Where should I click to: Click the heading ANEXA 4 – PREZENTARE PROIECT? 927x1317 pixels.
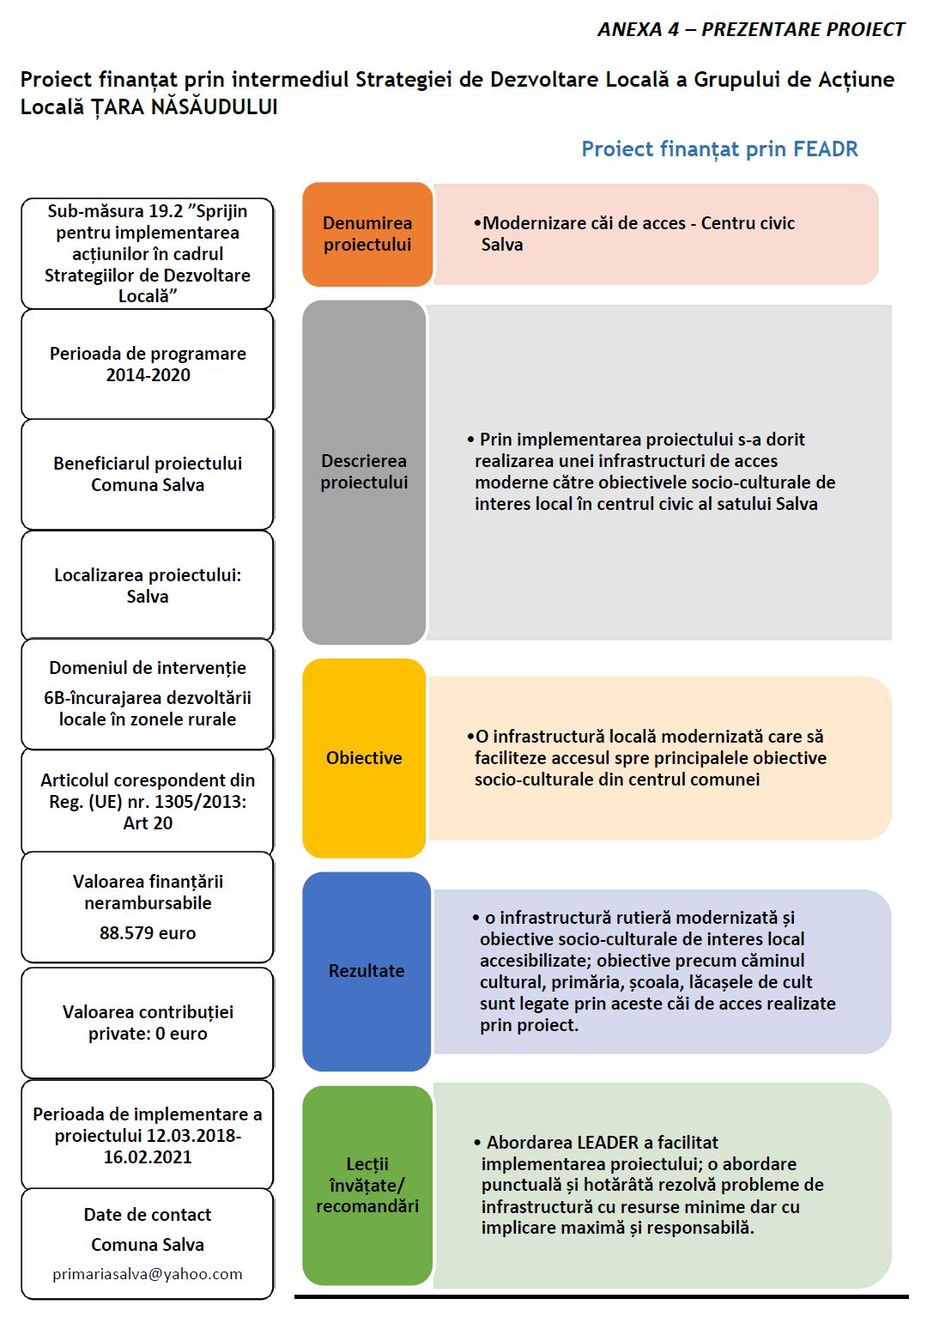(x=750, y=30)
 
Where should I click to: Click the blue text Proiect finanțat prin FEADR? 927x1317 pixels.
(x=719, y=149)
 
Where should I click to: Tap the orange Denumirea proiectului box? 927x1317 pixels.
(x=367, y=234)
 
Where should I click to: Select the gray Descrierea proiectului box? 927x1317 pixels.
(x=364, y=472)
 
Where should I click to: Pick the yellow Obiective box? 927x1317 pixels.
(x=364, y=758)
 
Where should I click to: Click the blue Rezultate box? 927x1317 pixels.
(x=367, y=971)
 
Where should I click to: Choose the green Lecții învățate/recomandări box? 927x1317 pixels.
(x=367, y=1185)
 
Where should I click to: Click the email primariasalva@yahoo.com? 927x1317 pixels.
(x=148, y=1274)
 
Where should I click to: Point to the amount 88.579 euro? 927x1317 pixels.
(x=148, y=933)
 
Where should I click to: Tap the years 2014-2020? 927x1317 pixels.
(x=148, y=375)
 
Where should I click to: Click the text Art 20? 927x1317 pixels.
(x=148, y=823)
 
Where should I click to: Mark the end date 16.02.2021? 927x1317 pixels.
(x=148, y=1157)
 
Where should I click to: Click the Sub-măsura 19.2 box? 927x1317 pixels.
(x=148, y=253)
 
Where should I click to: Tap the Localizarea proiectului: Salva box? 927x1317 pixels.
(x=148, y=586)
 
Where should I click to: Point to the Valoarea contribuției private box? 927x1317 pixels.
(x=148, y=1023)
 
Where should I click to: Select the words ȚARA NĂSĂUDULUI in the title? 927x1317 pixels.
(x=184, y=107)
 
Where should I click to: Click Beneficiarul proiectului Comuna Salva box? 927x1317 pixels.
(x=148, y=474)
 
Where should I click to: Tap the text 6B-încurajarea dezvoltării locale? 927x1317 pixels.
(x=148, y=708)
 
